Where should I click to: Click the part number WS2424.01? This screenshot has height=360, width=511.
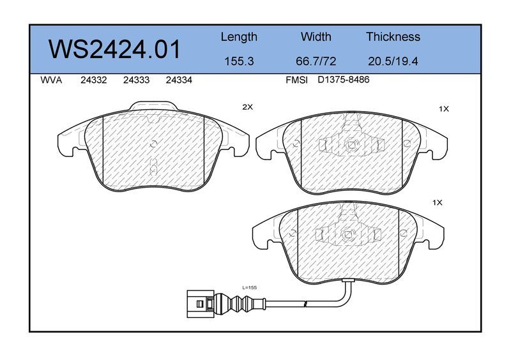click(114, 50)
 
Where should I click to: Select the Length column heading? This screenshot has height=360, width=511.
click(239, 37)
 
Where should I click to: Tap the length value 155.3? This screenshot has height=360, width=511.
click(239, 61)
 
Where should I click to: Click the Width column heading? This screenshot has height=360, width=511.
click(316, 36)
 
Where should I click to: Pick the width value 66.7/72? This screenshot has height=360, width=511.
click(316, 61)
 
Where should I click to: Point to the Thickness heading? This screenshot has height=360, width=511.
click(393, 36)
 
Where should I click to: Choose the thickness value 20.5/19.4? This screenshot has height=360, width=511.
click(393, 61)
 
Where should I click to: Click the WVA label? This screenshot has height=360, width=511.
click(51, 80)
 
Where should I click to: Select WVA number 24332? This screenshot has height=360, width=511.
click(93, 80)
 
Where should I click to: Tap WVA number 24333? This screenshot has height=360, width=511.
click(136, 80)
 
